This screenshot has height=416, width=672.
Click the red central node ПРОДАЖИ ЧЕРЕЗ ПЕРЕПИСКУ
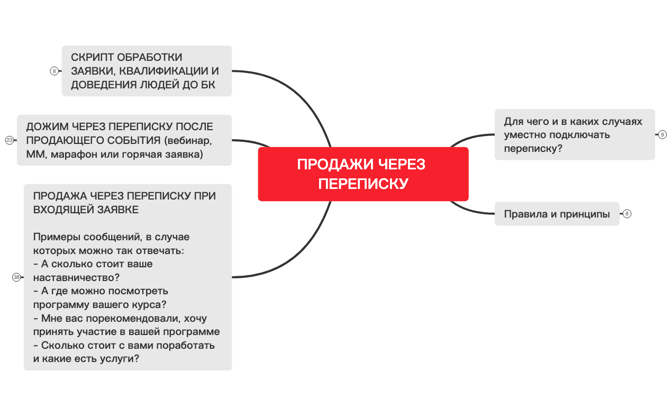tap(363, 174)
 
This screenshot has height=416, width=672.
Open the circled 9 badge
tap(662, 134)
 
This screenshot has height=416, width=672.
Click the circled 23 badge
tap(9, 140)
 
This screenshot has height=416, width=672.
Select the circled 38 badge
tap(16, 277)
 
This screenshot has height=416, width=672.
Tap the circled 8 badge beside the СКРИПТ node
tap(54, 71)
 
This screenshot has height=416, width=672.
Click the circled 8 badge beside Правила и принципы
tap(627, 214)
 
